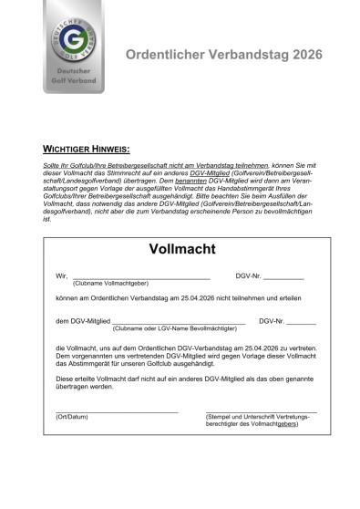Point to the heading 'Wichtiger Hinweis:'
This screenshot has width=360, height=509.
(87, 148)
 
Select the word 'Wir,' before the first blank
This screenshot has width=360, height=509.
(61, 275)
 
